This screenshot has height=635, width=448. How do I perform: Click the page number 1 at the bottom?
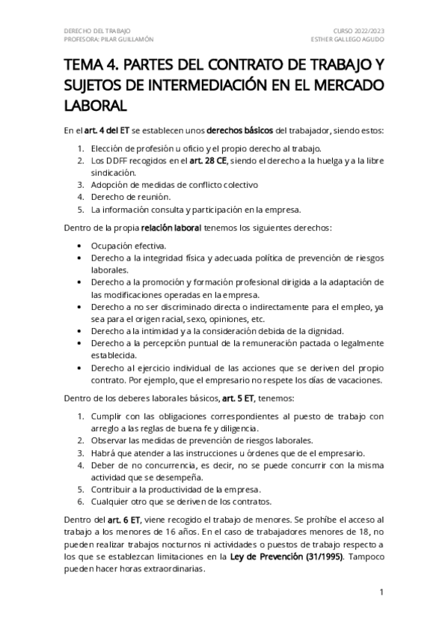381,593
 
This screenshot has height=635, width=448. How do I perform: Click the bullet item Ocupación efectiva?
124,245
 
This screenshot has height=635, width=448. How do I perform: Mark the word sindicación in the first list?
110,171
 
